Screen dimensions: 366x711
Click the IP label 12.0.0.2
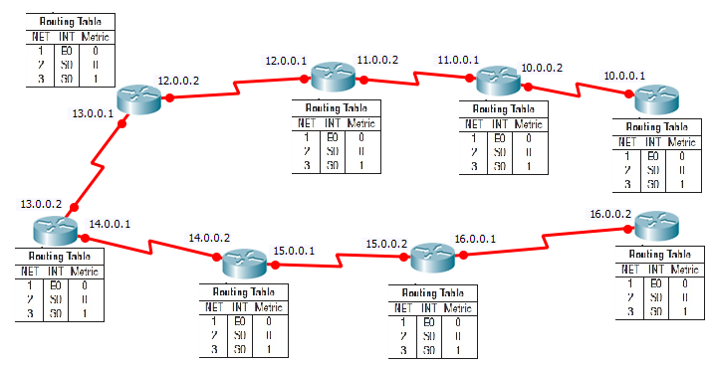point(178,80)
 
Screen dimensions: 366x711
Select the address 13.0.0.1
point(93,114)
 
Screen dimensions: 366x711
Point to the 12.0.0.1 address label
point(286,61)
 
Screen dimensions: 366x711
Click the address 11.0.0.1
point(458,60)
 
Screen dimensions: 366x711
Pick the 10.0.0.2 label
point(542,68)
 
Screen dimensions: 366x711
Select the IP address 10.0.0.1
point(624,76)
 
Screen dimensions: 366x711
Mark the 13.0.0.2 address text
point(41,204)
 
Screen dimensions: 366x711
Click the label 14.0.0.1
point(110,224)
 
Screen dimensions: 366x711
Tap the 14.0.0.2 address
point(209,239)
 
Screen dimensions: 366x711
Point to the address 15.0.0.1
point(294,251)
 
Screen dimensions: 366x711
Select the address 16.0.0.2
point(610,214)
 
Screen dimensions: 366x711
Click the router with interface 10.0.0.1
point(656,100)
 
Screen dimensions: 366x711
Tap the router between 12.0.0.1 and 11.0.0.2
point(326,77)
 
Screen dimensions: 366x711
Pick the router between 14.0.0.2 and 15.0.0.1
point(242,262)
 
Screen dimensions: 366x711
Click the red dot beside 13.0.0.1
point(122,124)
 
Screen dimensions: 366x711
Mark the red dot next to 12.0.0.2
point(169,97)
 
